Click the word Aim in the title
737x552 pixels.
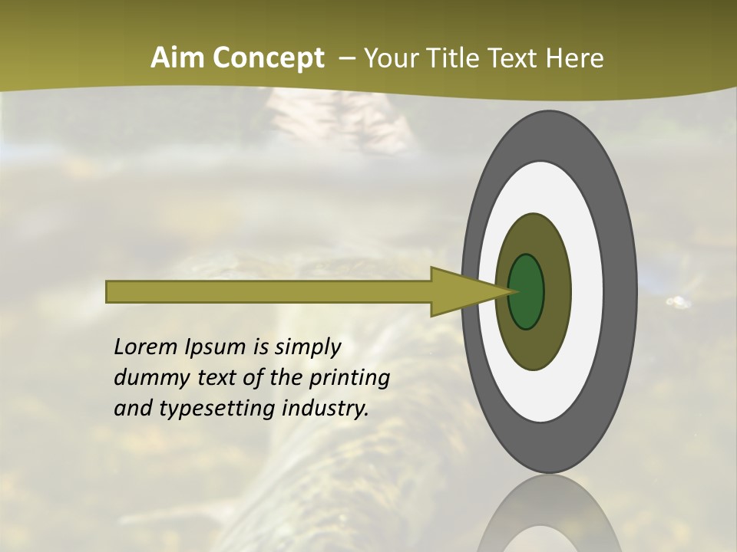point(179,58)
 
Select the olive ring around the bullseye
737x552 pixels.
point(556,292)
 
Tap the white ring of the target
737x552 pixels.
point(588,292)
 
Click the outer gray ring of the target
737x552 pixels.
point(622,292)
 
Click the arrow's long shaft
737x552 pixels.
point(269,292)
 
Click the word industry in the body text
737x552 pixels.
point(324,409)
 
